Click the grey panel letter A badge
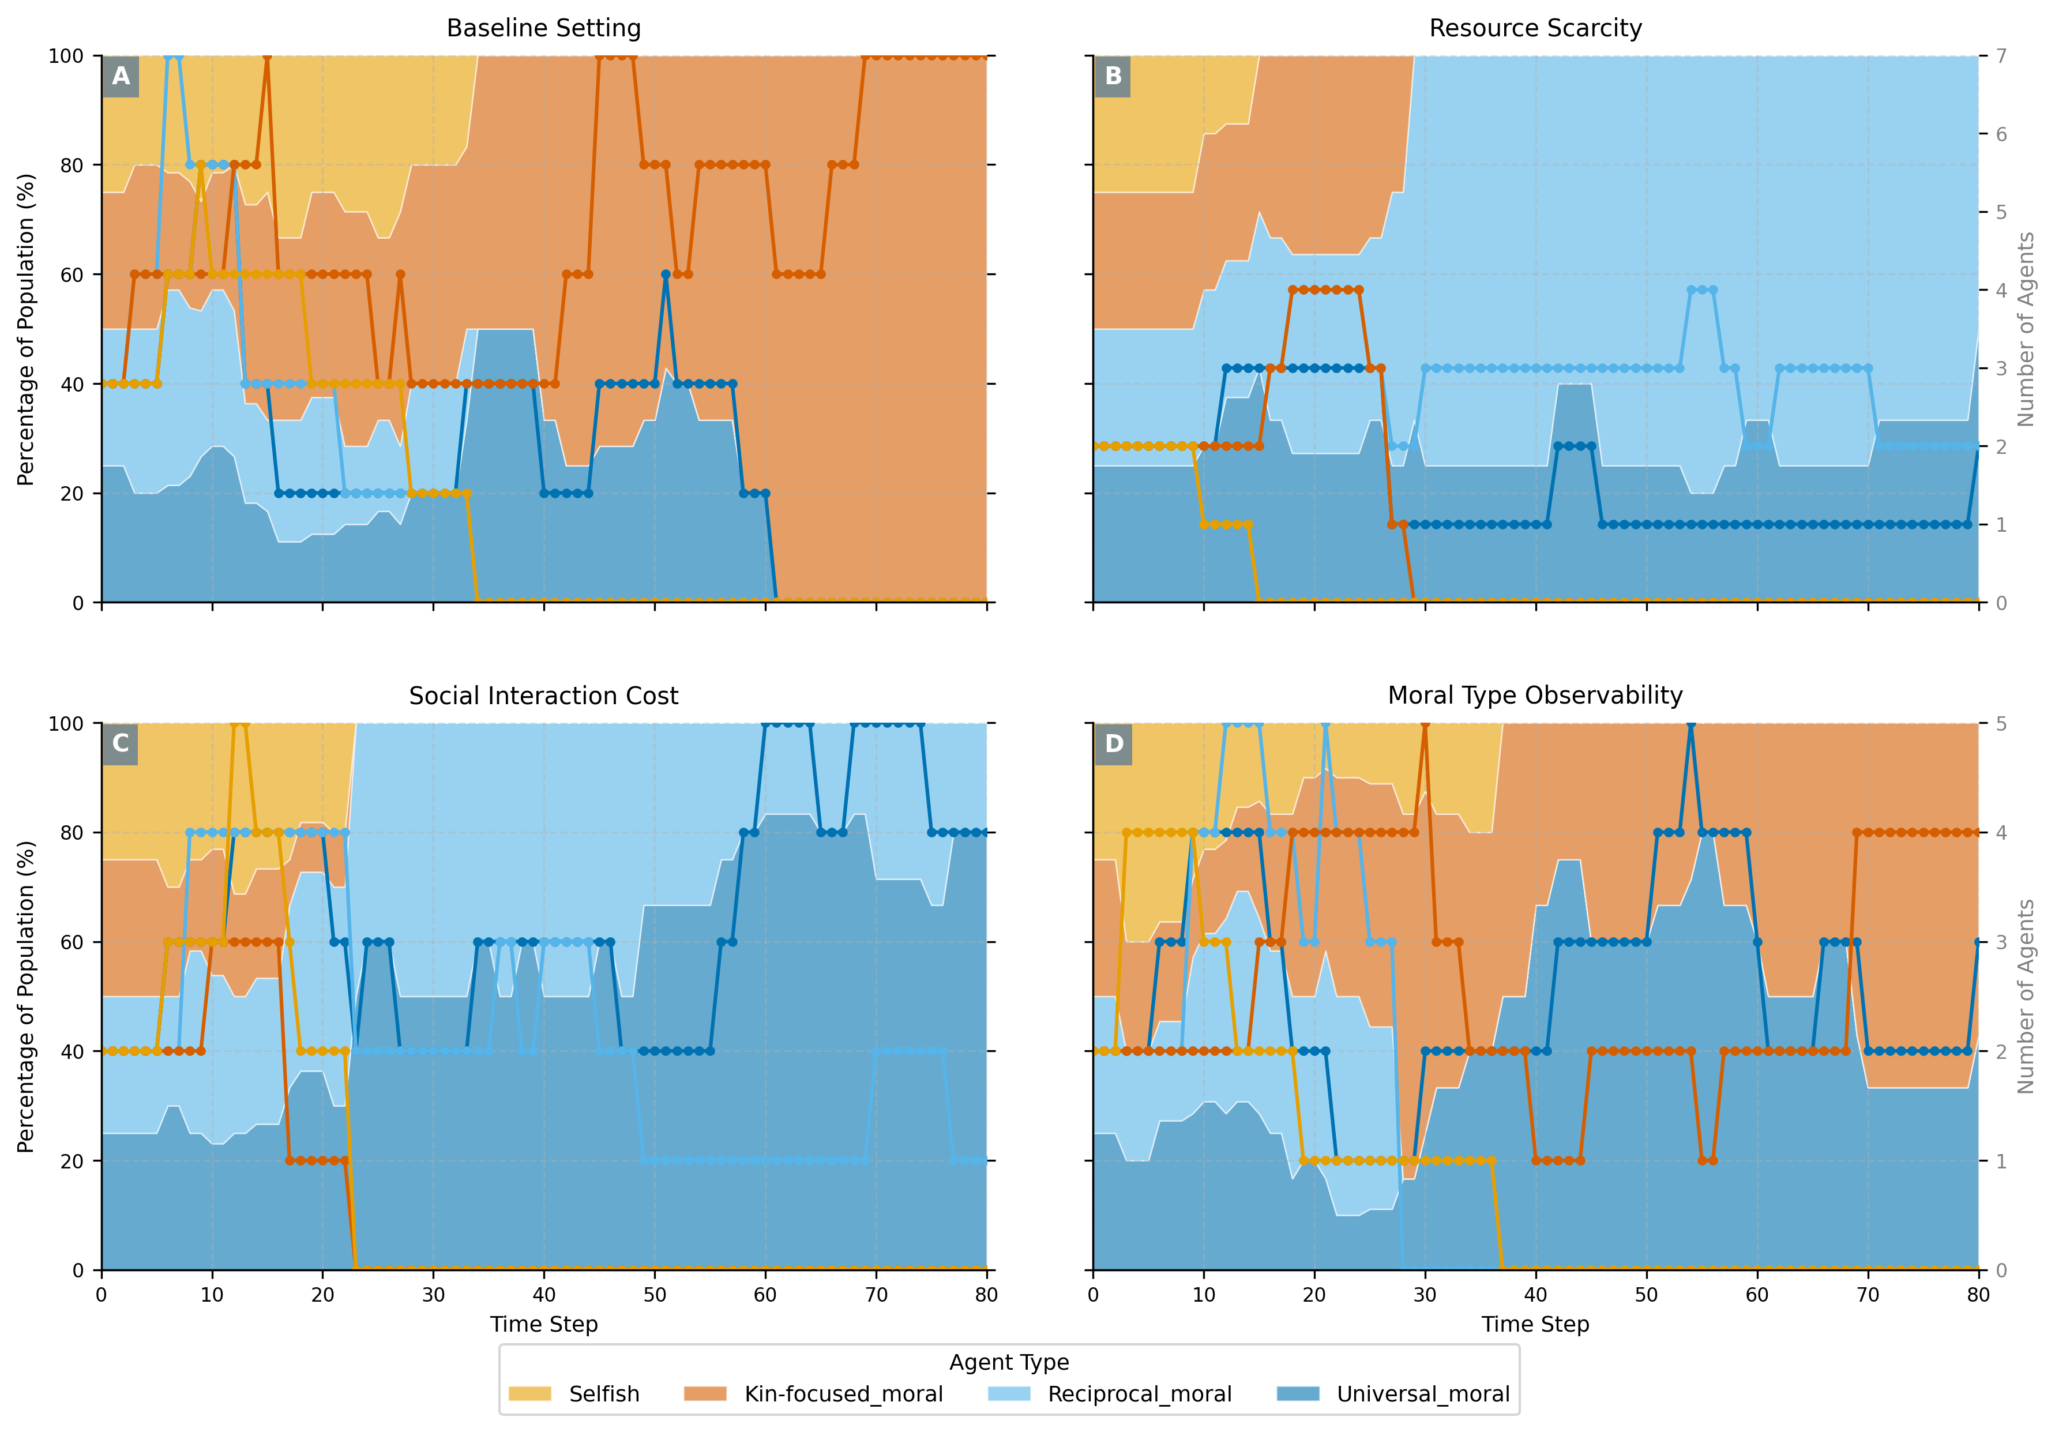121,76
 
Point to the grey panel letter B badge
1113,76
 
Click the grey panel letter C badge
121,744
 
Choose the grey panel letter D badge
1113,744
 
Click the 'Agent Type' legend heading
1009,1362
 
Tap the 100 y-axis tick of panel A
65,55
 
